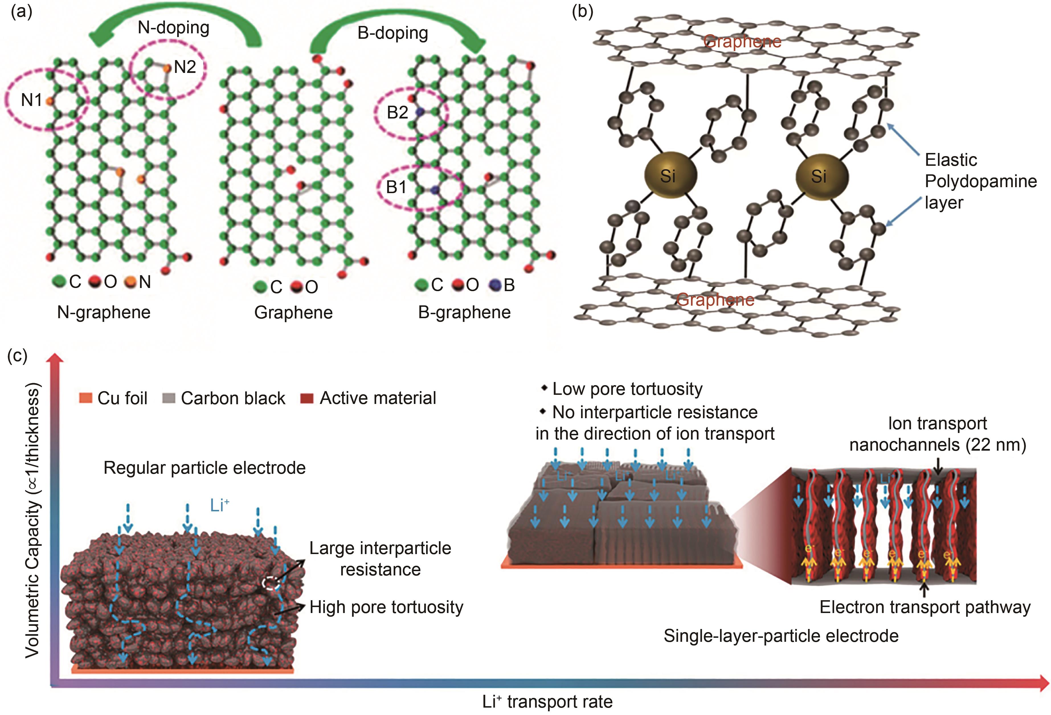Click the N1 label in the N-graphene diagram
(31, 100)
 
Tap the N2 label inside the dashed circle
(185, 67)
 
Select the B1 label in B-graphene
(396, 187)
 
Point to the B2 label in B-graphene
(398, 112)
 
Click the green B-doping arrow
(398, 20)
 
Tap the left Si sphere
(670, 175)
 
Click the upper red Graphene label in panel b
(743, 42)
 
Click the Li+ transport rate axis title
(547, 701)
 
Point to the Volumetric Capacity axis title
(32, 520)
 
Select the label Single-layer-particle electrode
(781, 636)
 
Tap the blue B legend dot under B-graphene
(496, 285)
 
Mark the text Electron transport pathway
(925, 607)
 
